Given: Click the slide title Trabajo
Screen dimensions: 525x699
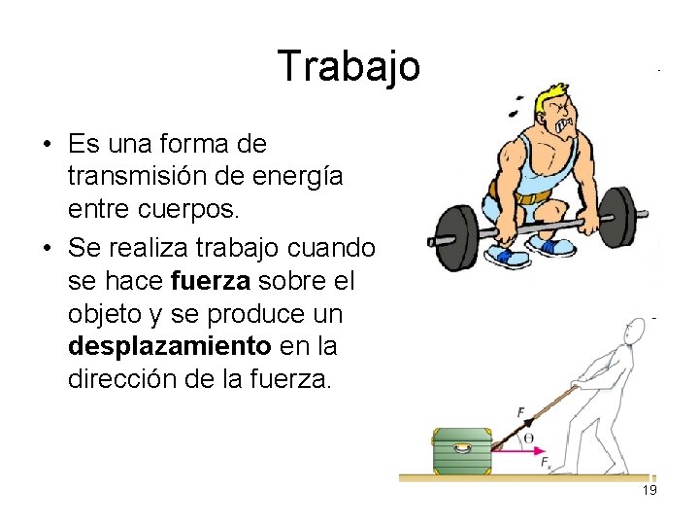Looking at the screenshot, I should coord(349,66).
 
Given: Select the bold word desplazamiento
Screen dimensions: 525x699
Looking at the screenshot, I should coord(169,346).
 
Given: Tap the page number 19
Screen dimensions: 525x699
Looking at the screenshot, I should coord(649,490).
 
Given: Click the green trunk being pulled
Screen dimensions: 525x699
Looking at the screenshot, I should coord(461,449).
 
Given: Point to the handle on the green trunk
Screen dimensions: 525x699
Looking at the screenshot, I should coord(461,447).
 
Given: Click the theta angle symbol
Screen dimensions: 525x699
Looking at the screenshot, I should coord(529,438).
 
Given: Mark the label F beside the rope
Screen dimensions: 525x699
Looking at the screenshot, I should coord(521,413).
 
